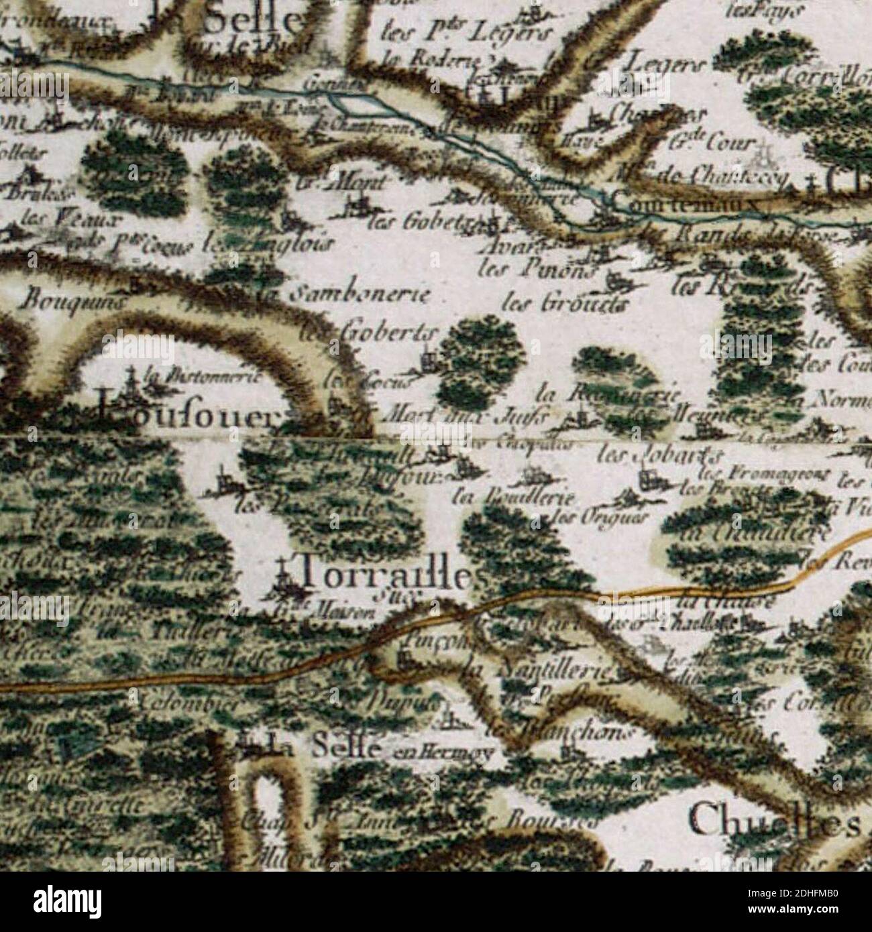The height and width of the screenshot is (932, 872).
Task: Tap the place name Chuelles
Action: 775,820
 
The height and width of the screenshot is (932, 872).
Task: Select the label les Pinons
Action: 537,270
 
